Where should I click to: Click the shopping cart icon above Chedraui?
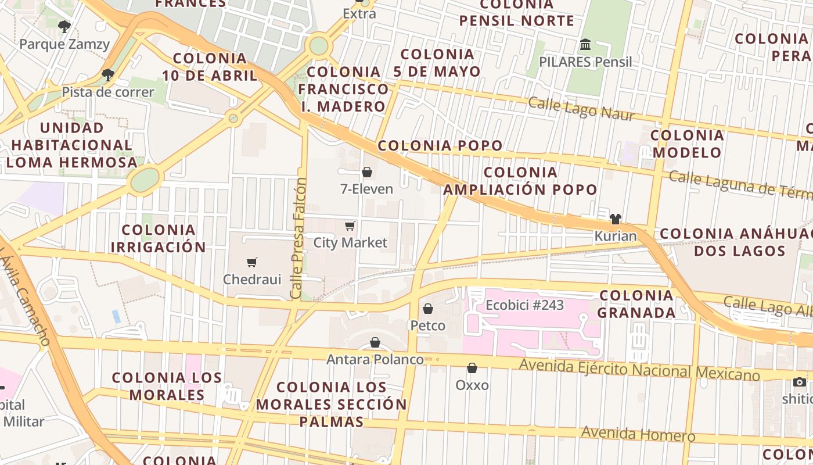(251, 263)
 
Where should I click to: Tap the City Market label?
(350, 242)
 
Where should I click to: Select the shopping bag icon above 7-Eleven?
(367, 172)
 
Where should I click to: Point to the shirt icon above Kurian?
(616, 219)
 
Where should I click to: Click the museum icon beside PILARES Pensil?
(585, 44)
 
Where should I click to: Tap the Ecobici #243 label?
(524, 305)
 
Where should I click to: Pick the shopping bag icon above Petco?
(428, 309)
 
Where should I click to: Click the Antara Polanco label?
(375, 359)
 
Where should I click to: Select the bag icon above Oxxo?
(472, 368)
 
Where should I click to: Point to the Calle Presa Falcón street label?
(298, 238)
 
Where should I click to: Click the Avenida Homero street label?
(638, 433)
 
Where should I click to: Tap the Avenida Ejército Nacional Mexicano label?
(639, 370)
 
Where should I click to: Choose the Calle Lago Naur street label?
(581, 108)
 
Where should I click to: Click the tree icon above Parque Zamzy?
(64, 26)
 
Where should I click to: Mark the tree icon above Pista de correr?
(107, 74)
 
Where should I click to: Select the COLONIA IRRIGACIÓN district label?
(158, 238)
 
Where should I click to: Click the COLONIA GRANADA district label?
(636, 303)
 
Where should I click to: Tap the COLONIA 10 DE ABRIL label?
(210, 67)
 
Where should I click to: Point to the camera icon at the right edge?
(800, 382)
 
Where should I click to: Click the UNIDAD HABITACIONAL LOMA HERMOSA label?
(72, 145)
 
